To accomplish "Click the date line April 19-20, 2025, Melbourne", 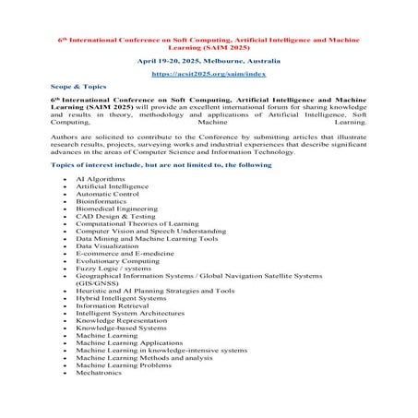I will (208, 58).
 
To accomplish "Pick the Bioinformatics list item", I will (99, 200).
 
